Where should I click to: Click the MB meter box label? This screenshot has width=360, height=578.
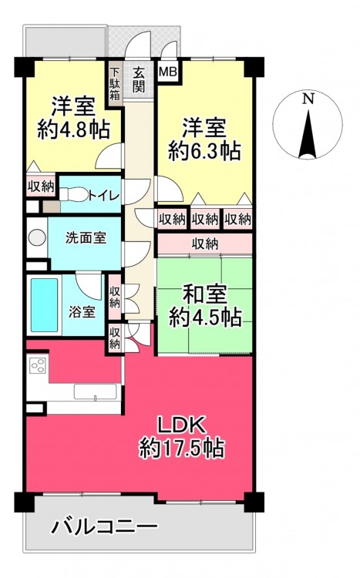(168, 72)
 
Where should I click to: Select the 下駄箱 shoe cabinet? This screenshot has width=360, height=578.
(115, 84)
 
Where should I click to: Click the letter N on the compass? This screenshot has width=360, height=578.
(308, 99)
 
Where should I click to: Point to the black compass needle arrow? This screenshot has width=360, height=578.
(308, 133)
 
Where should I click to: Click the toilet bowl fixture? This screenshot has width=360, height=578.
(74, 194)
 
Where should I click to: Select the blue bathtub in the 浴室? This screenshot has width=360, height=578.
(44, 305)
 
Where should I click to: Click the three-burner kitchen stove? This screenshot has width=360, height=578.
(38, 366)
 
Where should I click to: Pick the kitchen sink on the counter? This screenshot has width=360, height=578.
(95, 391)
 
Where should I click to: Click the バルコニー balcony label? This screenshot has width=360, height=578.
(104, 527)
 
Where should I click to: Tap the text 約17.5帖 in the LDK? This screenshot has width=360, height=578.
(181, 448)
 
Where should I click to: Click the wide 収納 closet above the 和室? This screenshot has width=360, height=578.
(205, 244)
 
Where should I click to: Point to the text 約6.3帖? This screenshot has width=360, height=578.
(204, 150)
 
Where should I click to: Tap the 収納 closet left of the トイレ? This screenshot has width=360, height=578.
(41, 187)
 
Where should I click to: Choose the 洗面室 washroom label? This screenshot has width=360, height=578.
(86, 238)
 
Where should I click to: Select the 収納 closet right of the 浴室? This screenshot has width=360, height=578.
(115, 297)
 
